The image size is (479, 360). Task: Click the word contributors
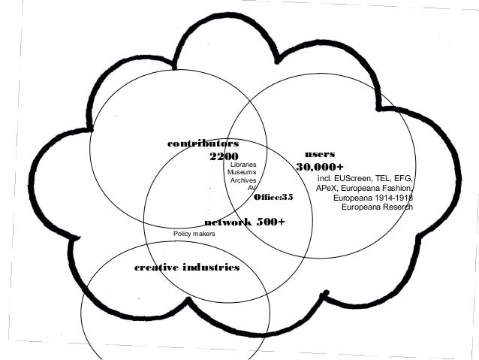(x=203, y=142)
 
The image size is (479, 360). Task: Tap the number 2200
(x=224, y=157)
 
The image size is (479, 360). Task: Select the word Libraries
(x=243, y=165)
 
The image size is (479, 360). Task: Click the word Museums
(x=242, y=173)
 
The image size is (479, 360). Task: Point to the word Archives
(x=243, y=181)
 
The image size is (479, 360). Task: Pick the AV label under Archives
(x=252, y=189)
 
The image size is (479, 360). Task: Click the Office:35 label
(x=273, y=197)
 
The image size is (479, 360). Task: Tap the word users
(x=320, y=153)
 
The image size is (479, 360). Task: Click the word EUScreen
(x=355, y=179)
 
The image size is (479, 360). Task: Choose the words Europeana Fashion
(x=376, y=189)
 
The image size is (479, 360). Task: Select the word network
(x=227, y=222)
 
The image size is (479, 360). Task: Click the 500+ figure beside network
(x=271, y=222)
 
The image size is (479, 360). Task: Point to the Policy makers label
(x=194, y=235)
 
